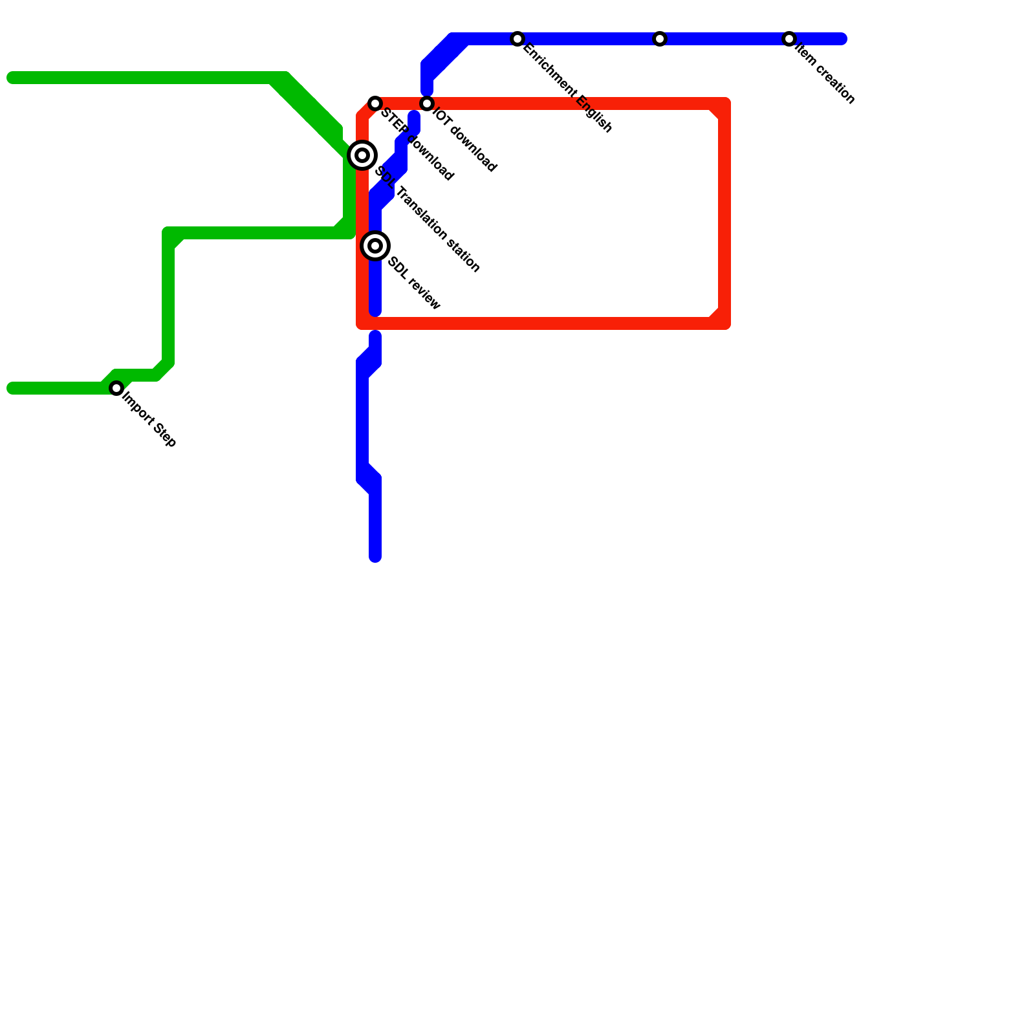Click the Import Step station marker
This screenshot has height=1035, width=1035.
pyautogui.click(x=116, y=388)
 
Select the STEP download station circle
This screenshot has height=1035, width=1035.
pyautogui.click(x=375, y=103)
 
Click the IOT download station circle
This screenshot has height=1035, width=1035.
pyautogui.click(x=427, y=103)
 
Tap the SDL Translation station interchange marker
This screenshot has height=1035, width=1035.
pyautogui.click(x=362, y=155)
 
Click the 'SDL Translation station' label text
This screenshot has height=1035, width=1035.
pyautogui.click(x=428, y=220)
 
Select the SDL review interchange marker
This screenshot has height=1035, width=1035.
pyautogui.click(x=375, y=246)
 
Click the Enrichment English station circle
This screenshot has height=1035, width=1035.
pyautogui.click(x=517, y=39)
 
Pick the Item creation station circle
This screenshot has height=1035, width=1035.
pyautogui.click(x=789, y=39)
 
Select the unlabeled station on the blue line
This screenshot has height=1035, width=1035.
pyautogui.click(x=660, y=39)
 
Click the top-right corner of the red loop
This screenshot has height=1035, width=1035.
pyautogui.click(x=724, y=103)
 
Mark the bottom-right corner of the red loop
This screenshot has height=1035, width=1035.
pyautogui.click(x=724, y=323)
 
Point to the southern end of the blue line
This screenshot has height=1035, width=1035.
pyautogui.click(x=375, y=557)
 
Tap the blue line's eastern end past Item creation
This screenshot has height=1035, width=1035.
pyautogui.click(x=842, y=39)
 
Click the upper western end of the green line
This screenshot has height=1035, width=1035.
pyautogui.click(x=12, y=78)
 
